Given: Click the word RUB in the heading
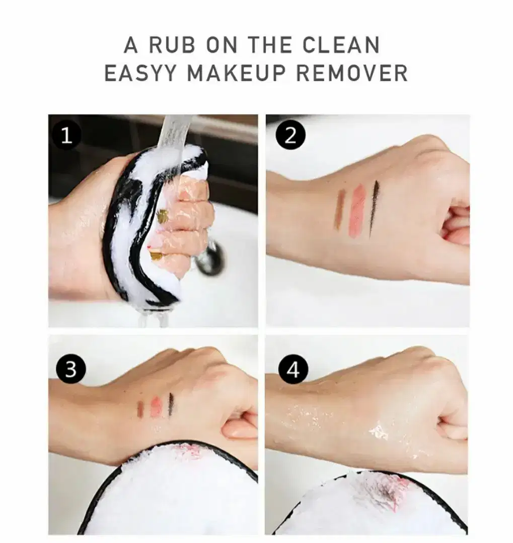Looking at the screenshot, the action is click(172, 45).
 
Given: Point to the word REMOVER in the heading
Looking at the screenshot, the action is click(352, 73).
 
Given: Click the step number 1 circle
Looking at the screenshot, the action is click(66, 135).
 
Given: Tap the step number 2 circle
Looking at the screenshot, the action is click(290, 135).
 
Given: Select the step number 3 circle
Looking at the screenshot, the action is click(71, 370).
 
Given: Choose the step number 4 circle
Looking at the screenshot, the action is click(294, 370).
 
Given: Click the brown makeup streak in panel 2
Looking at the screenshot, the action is click(340, 209).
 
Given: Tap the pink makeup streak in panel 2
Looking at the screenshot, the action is click(358, 211).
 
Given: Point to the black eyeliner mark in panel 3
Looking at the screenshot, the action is click(171, 404).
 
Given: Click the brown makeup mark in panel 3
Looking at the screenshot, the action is click(140, 409).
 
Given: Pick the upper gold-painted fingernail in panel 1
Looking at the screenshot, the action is click(162, 216).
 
